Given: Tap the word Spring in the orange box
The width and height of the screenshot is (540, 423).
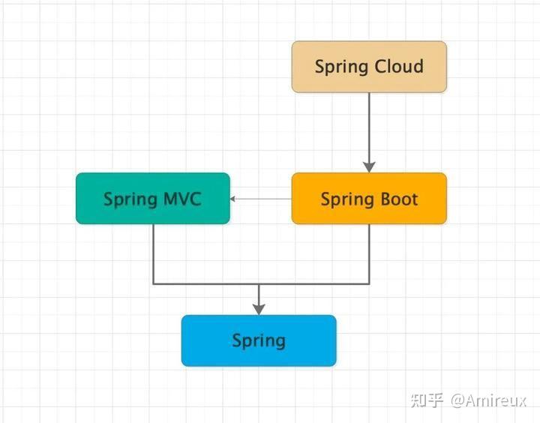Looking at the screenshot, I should click(x=346, y=199).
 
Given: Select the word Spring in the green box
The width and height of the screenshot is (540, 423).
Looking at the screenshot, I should click(x=130, y=199).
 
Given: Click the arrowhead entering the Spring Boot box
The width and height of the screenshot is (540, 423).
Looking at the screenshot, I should click(x=369, y=166).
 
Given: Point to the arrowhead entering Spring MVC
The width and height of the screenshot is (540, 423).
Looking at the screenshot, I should click(x=235, y=199).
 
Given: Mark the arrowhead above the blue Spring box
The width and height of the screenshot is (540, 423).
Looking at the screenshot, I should click(x=259, y=308).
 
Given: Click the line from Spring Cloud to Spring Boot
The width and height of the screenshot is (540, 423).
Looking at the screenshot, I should click(x=369, y=127).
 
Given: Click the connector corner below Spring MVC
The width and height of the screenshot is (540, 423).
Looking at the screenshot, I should click(x=154, y=283).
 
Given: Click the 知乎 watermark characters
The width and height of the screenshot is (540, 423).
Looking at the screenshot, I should click(x=427, y=399).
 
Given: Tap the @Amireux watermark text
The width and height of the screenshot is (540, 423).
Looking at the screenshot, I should click(x=488, y=399).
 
